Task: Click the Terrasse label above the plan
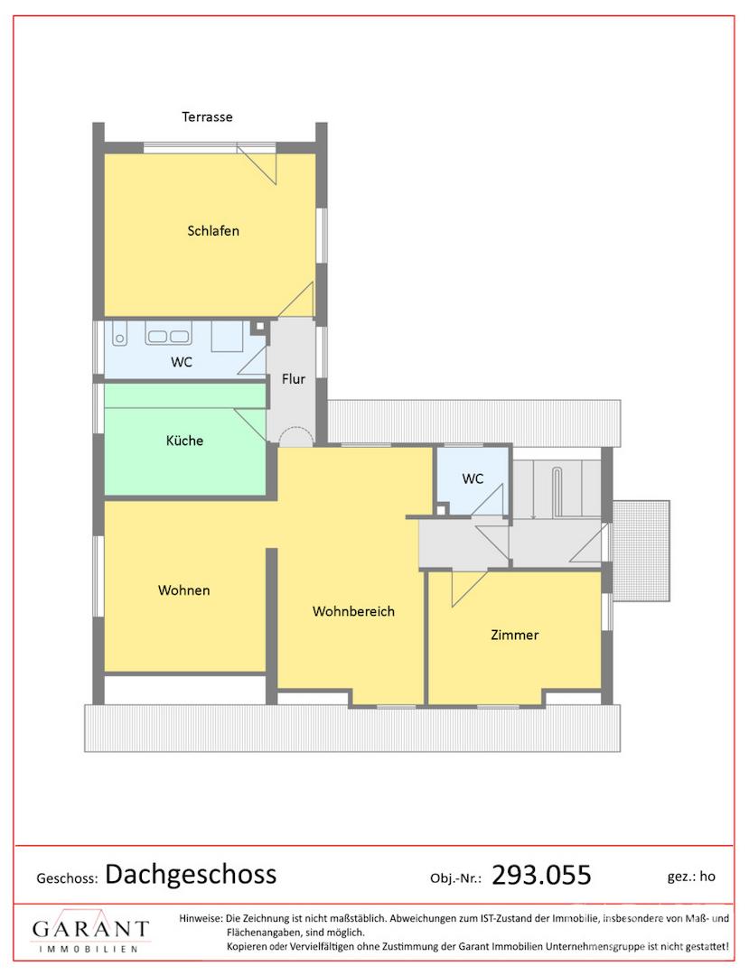[207, 116]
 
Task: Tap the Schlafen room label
[213, 231]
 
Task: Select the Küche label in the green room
[184, 441]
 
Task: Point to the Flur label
[294, 378]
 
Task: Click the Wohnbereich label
[353, 611]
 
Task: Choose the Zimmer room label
[514, 635]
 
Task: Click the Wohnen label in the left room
[184, 590]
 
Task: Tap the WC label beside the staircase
[473, 478]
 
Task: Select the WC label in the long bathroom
[182, 362]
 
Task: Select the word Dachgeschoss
[191, 875]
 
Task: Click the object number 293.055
[541, 875]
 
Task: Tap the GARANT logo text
[91, 930]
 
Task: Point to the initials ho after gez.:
[707, 876]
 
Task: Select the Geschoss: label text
[67, 878]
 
